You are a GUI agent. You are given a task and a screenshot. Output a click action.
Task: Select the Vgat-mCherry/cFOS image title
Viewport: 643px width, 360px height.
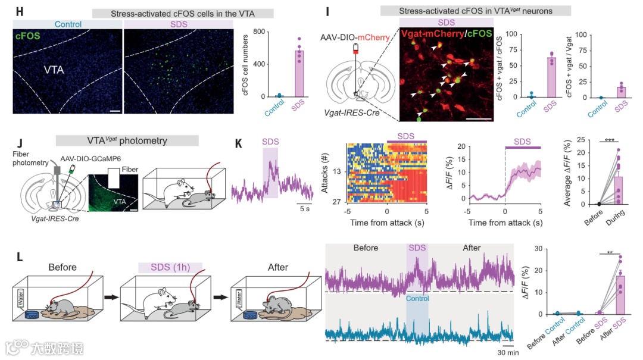(446, 34)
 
